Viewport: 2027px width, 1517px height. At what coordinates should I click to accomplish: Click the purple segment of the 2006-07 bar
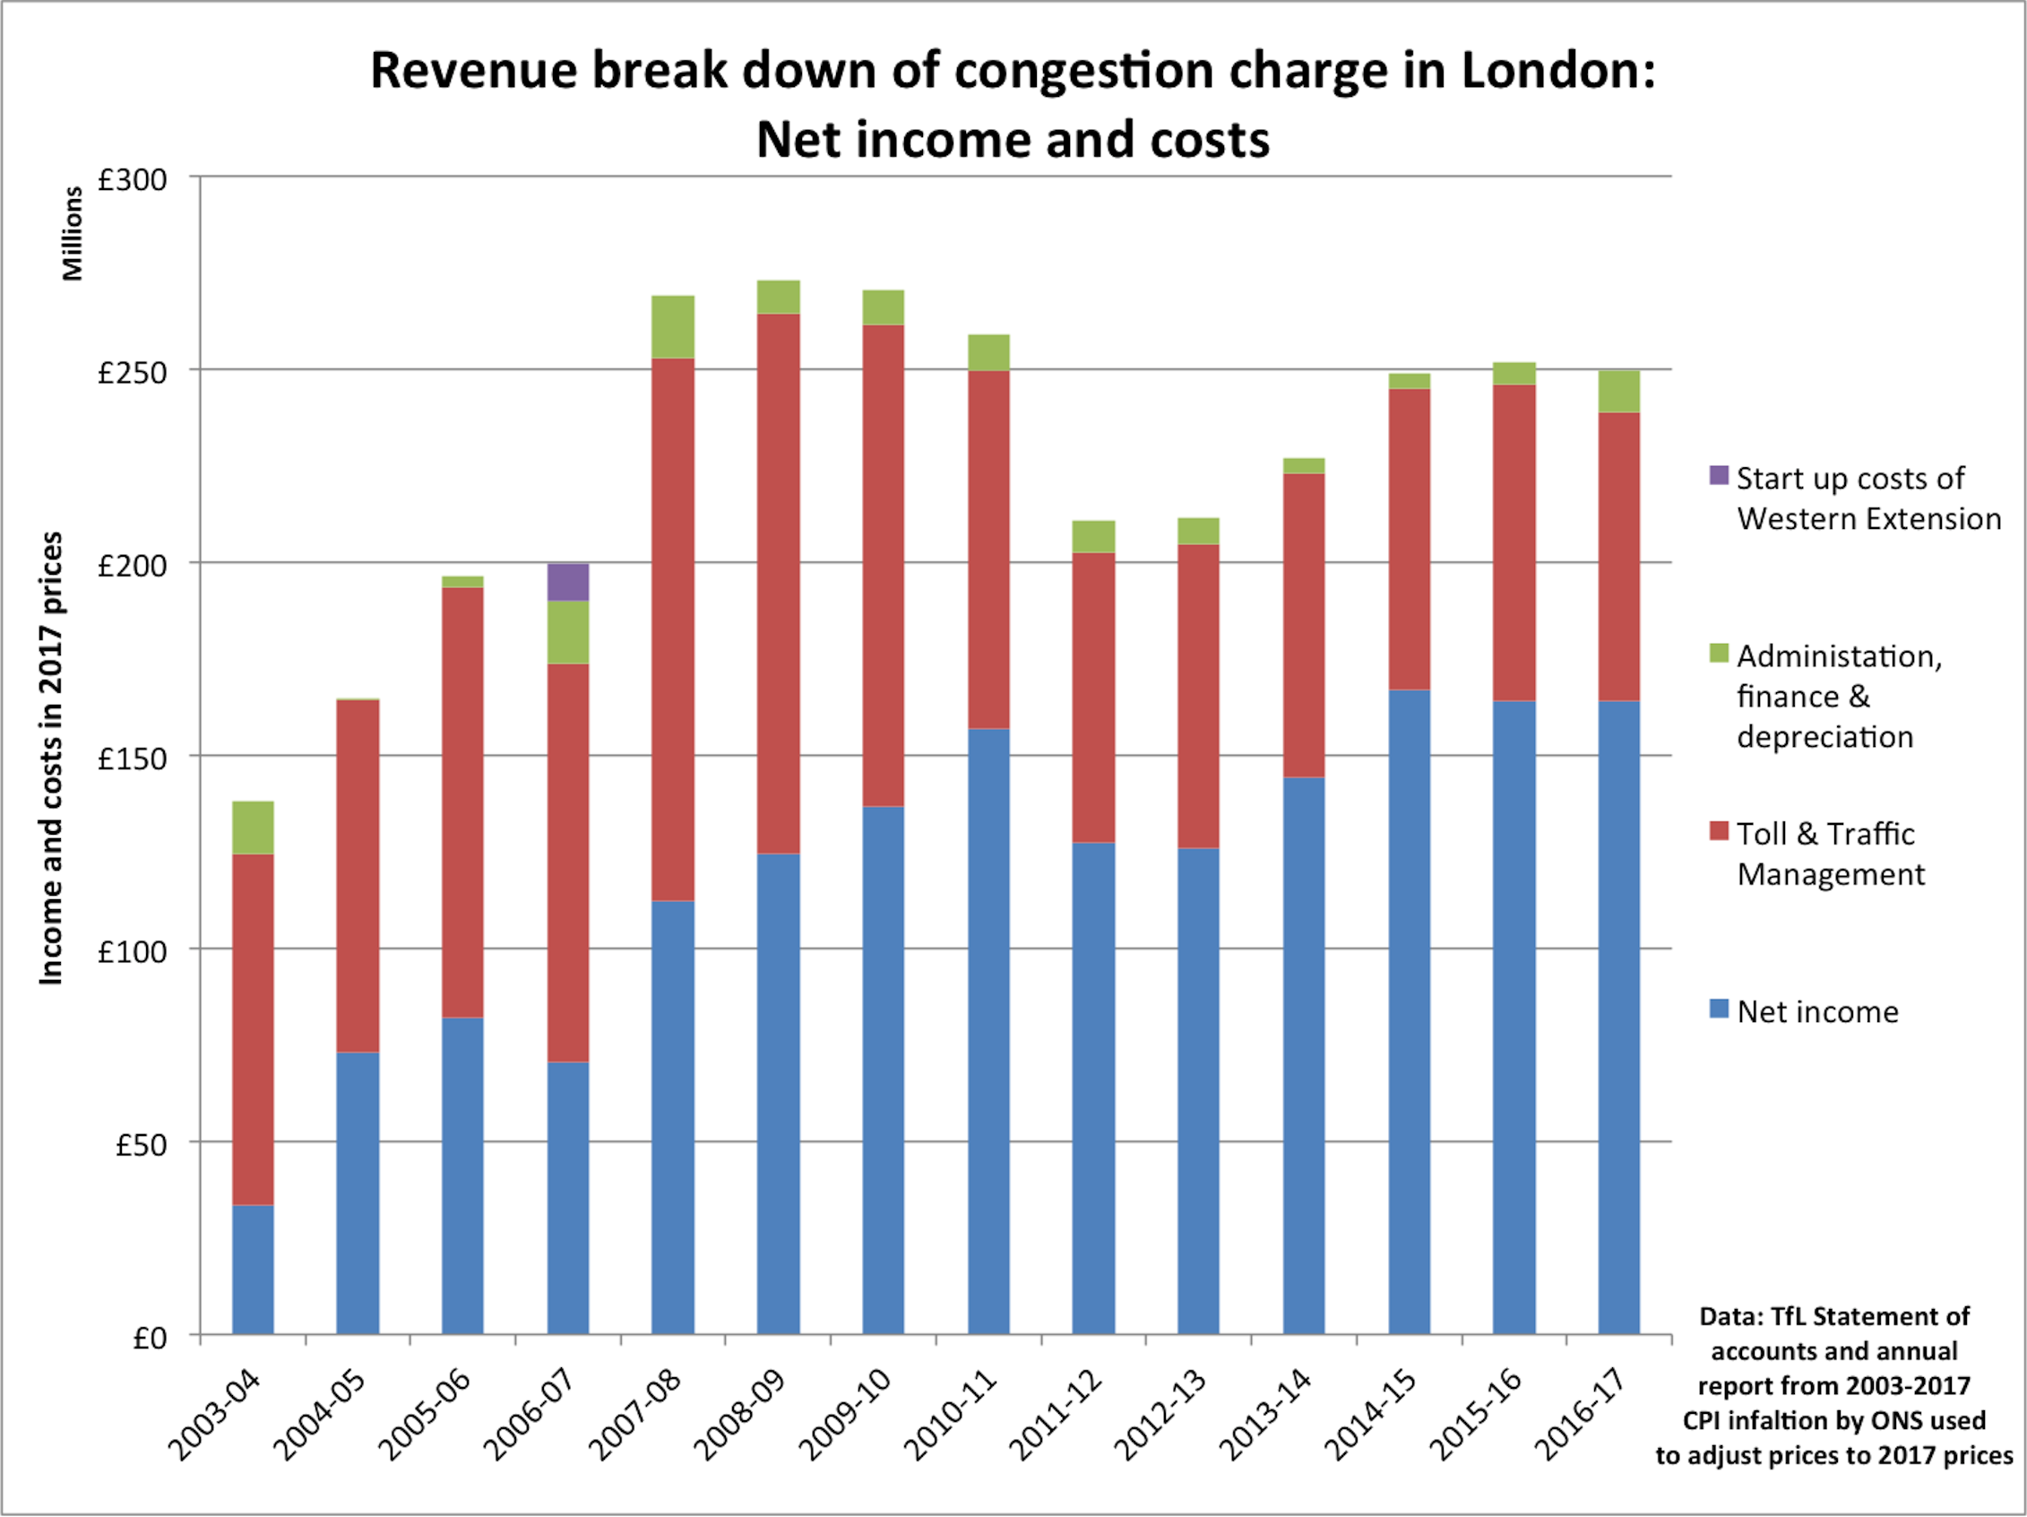tap(568, 582)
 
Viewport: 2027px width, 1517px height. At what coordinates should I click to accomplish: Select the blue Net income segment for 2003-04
tap(253, 1270)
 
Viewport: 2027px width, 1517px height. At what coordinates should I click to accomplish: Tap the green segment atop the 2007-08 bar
tap(673, 326)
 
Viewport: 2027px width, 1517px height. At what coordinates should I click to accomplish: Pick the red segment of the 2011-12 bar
tap(1093, 697)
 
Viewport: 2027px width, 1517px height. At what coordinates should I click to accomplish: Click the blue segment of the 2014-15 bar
tap(1410, 1009)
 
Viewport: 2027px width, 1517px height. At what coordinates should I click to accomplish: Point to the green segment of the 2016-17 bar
tap(1619, 392)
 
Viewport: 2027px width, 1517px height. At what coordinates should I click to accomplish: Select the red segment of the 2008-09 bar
tap(778, 583)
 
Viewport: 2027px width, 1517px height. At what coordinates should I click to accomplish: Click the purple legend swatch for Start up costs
tap(1719, 475)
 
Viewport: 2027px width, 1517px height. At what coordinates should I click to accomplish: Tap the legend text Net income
tap(1817, 1012)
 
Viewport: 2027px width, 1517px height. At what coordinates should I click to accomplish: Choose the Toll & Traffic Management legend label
tap(1829, 854)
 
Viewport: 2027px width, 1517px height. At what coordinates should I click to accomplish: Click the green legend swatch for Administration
tap(1719, 653)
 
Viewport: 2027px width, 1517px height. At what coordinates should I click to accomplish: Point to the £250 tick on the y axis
tap(133, 373)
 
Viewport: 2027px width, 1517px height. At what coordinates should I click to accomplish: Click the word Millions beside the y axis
tap(73, 234)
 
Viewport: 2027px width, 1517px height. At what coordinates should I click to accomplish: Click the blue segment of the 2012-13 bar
tap(1198, 1091)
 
